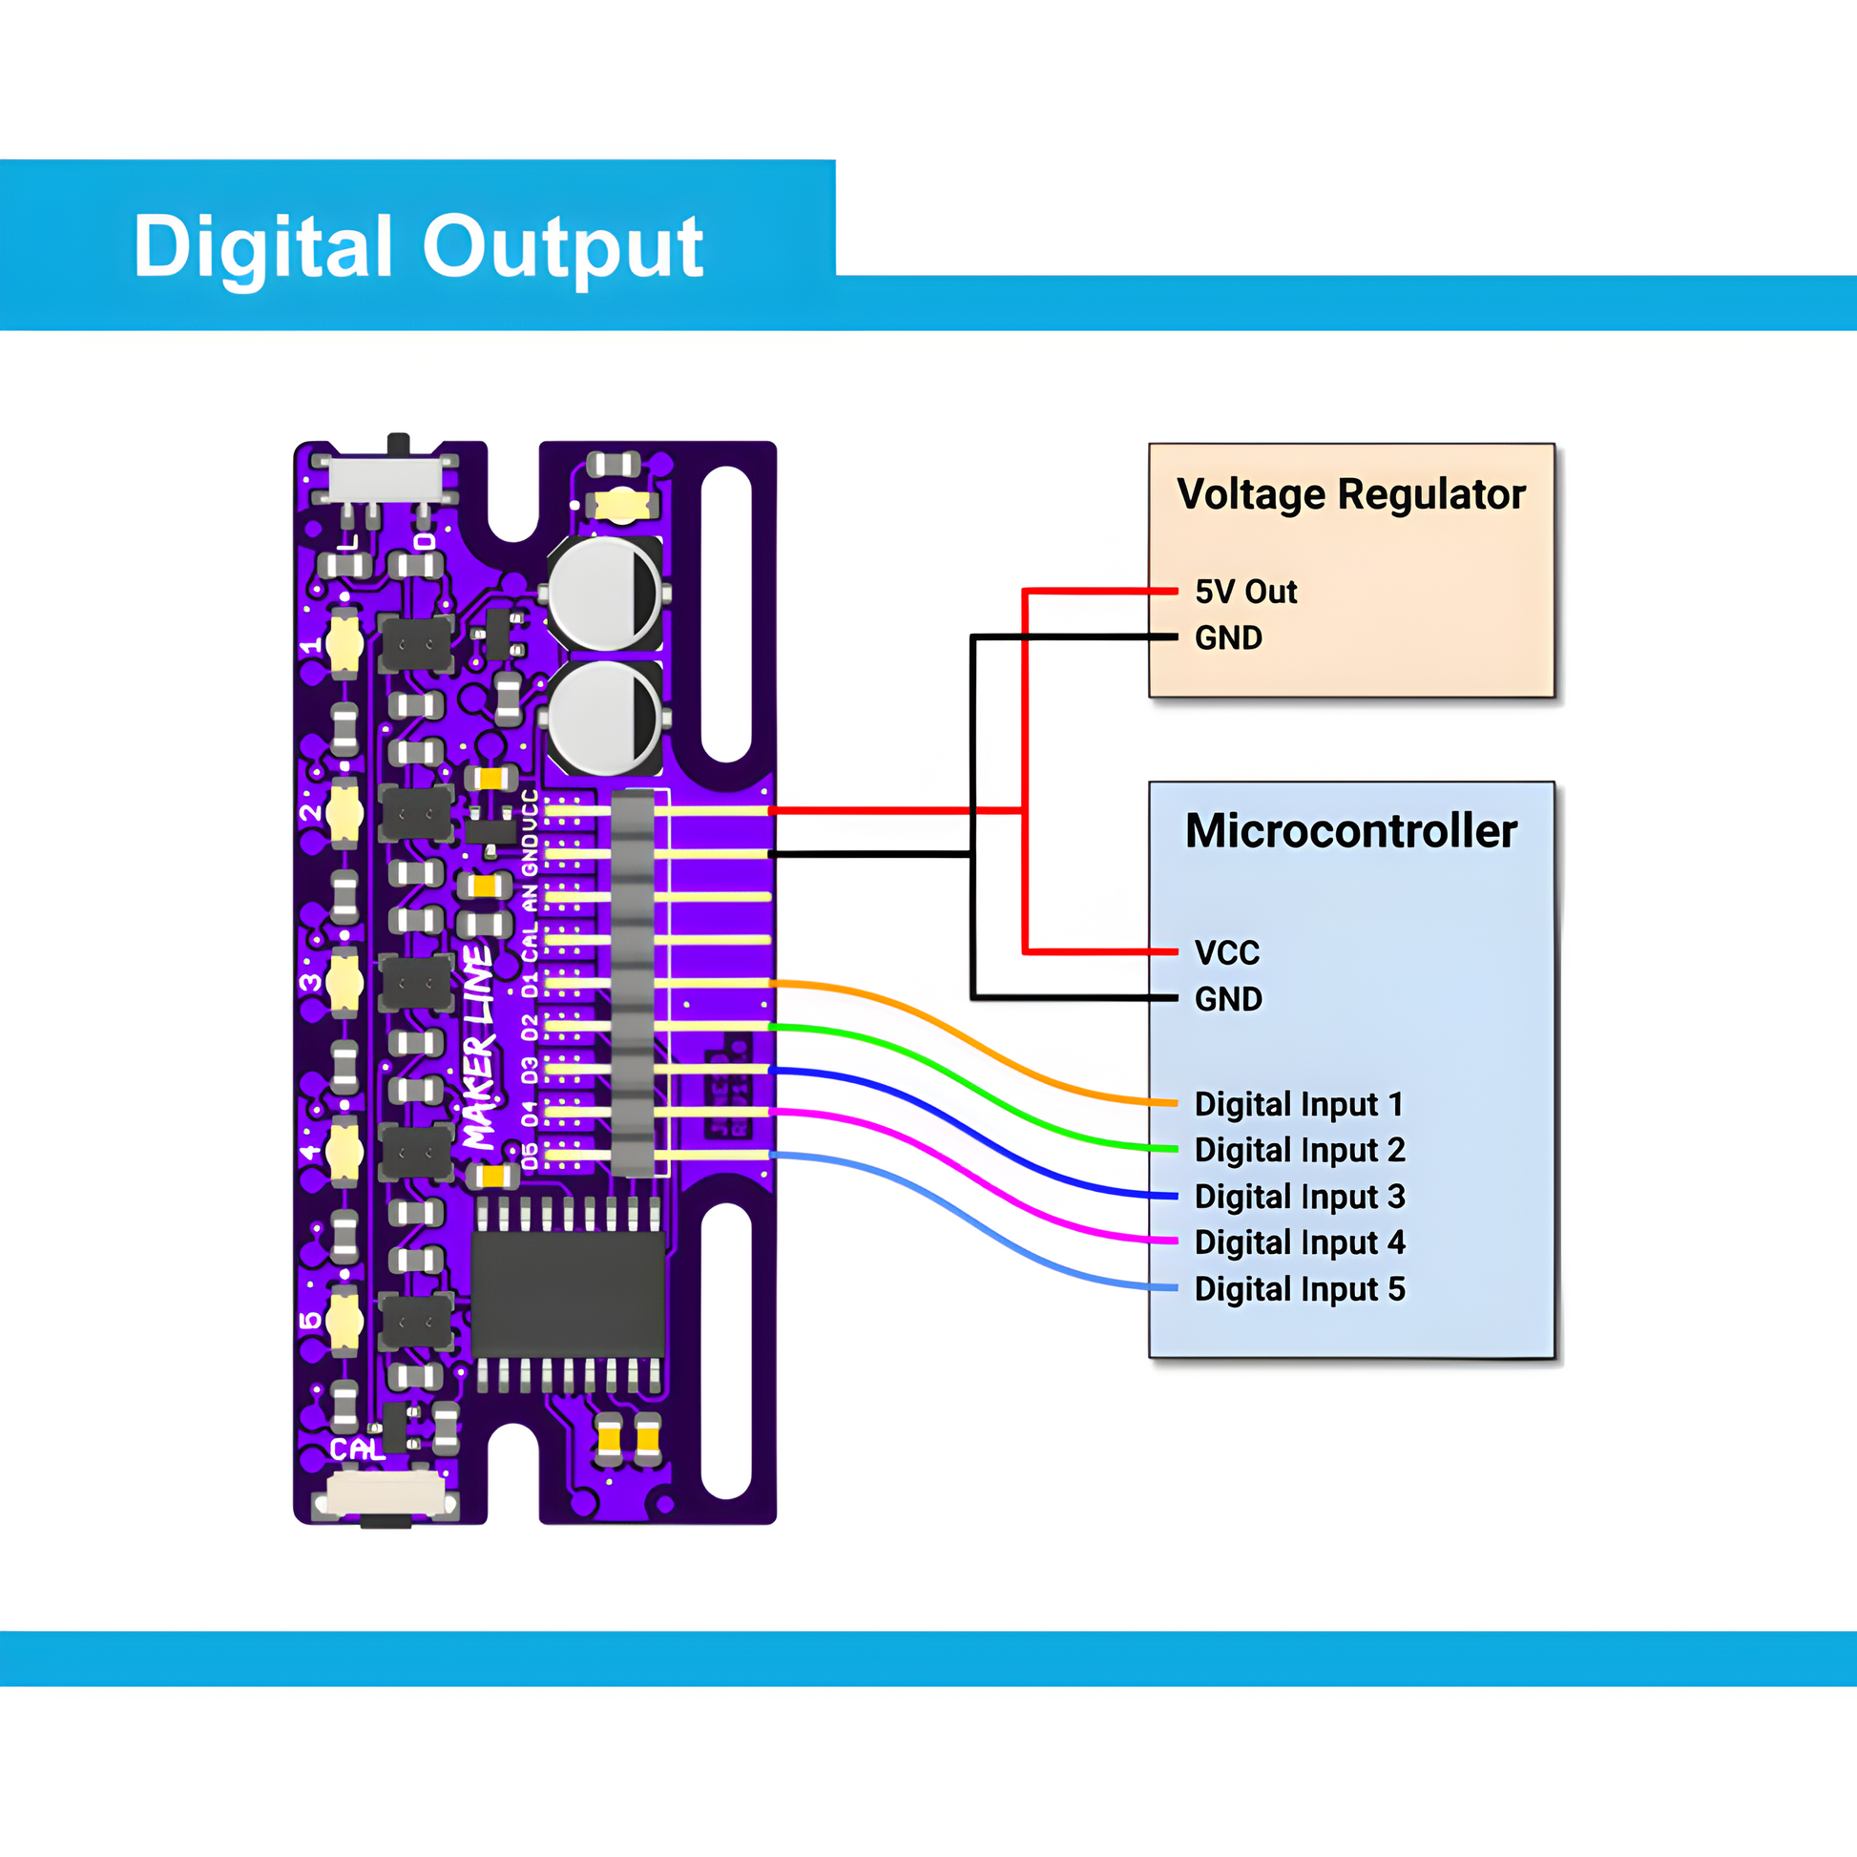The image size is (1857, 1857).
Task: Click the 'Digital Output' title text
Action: pyautogui.click(x=418, y=247)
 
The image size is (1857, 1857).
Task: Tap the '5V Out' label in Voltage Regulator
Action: pyautogui.click(x=1245, y=591)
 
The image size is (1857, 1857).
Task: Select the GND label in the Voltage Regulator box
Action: pyautogui.click(x=1228, y=637)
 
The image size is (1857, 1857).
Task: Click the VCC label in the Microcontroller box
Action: pyautogui.click(x=1226, y=952)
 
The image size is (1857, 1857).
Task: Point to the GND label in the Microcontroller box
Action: pyautogui.click(x=1228, y=999)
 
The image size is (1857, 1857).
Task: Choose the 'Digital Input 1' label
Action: pyautogui.click(x=1299, y=1103)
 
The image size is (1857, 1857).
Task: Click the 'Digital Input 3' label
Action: pyautogui.click(x=1300, y=1196)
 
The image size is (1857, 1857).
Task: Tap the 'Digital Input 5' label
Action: pyautogui.click(x=1300, y=1288)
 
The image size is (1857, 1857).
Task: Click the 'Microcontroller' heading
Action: pyautogui.click(x=1350, y=830)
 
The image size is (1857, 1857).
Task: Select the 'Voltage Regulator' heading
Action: pyautogui.click(x=1350, y=494)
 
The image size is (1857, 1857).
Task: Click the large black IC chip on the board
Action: pyautogui.click(x=568, y=1294)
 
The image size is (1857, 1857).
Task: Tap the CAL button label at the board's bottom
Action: pyautogui.click(x=356, y=1450)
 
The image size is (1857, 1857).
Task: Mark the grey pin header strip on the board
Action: pyautogui.click(x=633, y=982)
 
